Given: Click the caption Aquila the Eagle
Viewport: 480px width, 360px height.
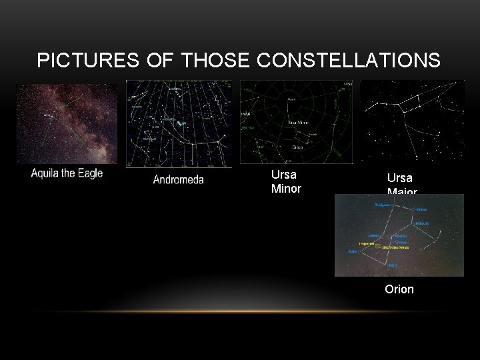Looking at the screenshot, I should tap(67, 173).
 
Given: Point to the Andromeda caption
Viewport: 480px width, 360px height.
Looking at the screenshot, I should tap(178, 179).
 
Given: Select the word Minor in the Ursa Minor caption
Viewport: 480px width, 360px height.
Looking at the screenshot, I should tap(286, 189).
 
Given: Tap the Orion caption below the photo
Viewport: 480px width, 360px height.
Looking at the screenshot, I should tap(399, 289).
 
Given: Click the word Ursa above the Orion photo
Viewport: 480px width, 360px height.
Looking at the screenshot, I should tap(399, 178).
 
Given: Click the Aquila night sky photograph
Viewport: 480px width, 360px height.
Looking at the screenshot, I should tap(67, 123).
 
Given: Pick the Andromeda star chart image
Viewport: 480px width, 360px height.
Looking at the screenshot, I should tap(179, 123).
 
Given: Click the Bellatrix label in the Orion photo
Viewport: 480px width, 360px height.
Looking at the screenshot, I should tap(423, 223).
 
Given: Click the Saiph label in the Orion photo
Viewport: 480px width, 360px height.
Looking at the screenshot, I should tap(353, 252).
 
